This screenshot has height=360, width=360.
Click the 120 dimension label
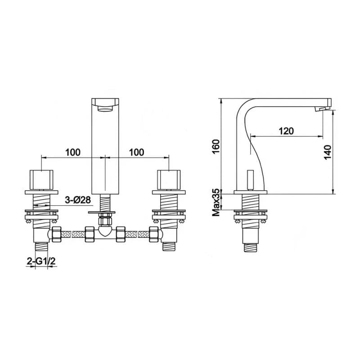[x=286, y=131]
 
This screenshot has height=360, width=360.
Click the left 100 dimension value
[x=73, y=152]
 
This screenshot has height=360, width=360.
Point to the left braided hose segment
[x=73, y=234]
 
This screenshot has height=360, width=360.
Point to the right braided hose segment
[x=136, y=234]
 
